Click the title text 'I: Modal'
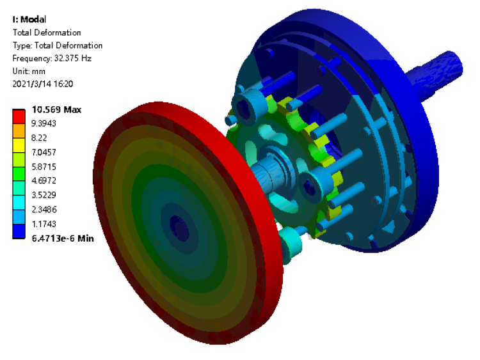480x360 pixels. tap(29, 19)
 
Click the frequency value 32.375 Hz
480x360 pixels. tap(73, 58)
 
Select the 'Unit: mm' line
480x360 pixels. tap(29, 71)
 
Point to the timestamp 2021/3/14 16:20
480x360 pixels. tap(42, 84)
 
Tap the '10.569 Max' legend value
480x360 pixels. tap(56, 109)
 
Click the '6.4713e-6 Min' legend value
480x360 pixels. tap(63, 239)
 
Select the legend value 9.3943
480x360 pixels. tap(44, 123)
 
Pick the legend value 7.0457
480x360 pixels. tap(44, 152)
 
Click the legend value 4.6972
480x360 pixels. tap(44, 180)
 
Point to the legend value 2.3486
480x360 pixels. tap(44, 210)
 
